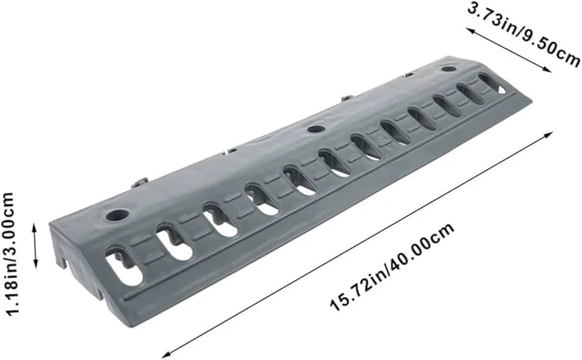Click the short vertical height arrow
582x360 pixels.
pos(36,245)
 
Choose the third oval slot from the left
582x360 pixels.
pos(218,219)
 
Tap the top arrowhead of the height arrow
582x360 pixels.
pos(36,228)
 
